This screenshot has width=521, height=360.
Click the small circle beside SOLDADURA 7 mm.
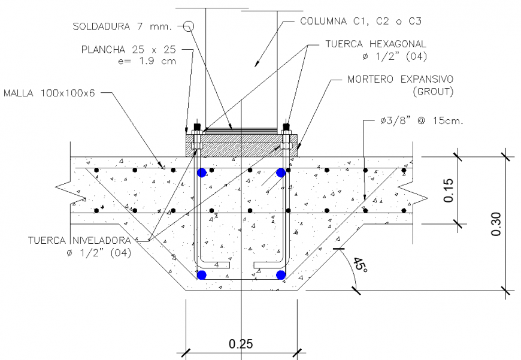(x=189, y=26)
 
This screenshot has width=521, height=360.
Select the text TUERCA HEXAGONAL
(x=376, y=44)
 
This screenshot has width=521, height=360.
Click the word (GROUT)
(x=433, y=92)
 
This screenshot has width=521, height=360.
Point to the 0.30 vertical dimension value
(x=496, y=223)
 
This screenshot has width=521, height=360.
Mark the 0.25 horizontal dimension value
(x=241, y=344)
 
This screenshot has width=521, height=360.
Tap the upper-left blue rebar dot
(x=202, y=173)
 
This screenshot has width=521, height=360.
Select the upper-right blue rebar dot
(x=280, y=173)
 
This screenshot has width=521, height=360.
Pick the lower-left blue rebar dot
(x=202, y=275)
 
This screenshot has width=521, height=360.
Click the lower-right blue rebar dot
(x=280, y=275)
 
